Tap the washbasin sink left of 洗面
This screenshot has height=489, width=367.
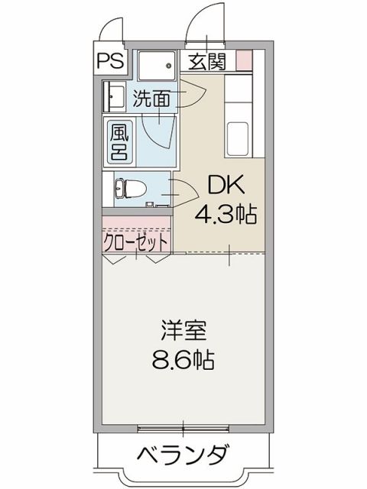tap(115, 98)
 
